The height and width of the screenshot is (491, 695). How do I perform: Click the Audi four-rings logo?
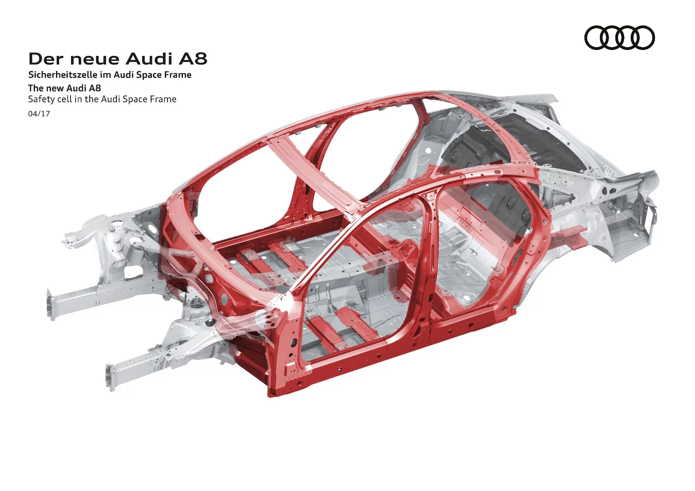[619, 37]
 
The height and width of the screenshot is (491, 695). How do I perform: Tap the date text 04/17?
[39, 114]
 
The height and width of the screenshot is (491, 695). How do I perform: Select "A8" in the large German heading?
[193, 59]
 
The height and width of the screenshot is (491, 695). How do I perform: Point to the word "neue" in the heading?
[95, 59]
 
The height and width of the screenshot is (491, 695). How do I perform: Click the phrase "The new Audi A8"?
[64, 88]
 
